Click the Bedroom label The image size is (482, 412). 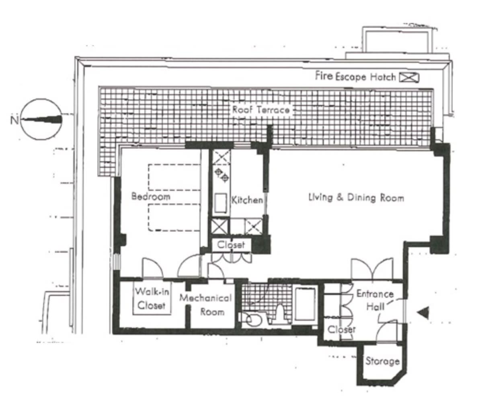click(151, 196)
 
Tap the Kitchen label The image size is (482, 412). click(247, 200)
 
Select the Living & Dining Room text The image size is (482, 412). click(356, 197)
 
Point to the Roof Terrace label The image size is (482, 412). click(260, 110)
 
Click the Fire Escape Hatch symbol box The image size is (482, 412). click(409, 77)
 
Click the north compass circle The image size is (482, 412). click(41, 120)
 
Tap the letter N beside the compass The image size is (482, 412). click(14, 120)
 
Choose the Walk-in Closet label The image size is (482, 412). click(152, 298)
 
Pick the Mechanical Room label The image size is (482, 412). click(205, 305)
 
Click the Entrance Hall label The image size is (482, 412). click(375, 300)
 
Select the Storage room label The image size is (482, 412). click(382, 361)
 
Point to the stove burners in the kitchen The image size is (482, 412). click(222, 175)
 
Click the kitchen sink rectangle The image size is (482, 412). click(221, 203)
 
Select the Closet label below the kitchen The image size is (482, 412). click(231, 245)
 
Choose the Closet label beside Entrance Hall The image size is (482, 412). click(341, 329)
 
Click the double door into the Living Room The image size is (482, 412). click(372, 269)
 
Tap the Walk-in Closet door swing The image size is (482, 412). click(152, 268)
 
